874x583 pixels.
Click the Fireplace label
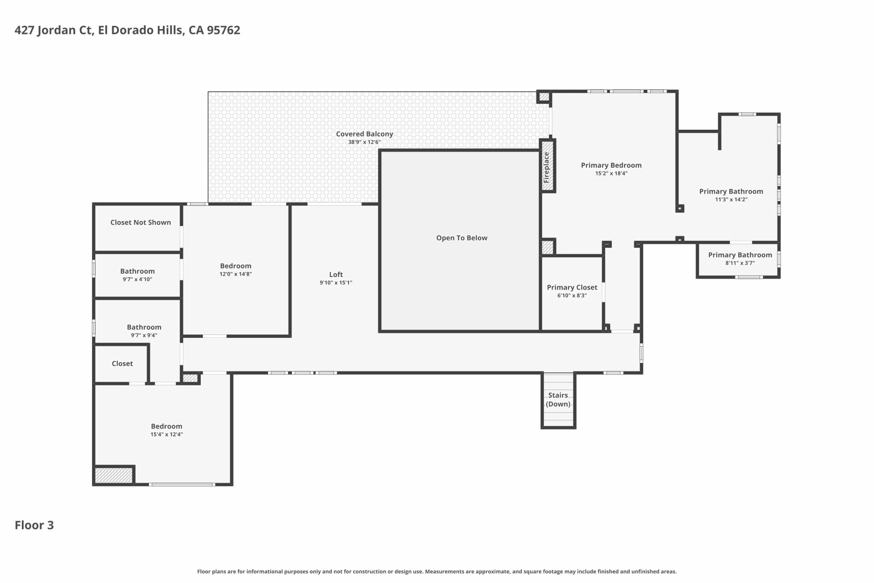point(546,167)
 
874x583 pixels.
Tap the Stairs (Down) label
point(558,399)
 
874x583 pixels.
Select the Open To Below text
point(462,238)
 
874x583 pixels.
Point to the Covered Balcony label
point(365,134)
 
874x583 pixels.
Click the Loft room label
point(336,274)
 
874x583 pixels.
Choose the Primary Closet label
point(572,287)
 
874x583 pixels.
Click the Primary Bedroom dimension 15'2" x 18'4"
point(611,174)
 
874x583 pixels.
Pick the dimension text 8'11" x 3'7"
point(740,263)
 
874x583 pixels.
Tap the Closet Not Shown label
point(141,222)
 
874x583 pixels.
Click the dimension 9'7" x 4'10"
point(137,279)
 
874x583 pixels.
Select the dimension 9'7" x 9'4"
point(144,335)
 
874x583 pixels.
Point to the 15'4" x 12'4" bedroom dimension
point(167,435)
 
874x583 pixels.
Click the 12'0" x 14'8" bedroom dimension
point(236,274)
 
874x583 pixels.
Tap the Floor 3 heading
point(34,525)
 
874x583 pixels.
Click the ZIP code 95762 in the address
point(224,30)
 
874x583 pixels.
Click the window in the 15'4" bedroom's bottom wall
point(182,484)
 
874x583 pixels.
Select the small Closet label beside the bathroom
point(122,363)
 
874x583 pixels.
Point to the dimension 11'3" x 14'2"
point(732,199)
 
